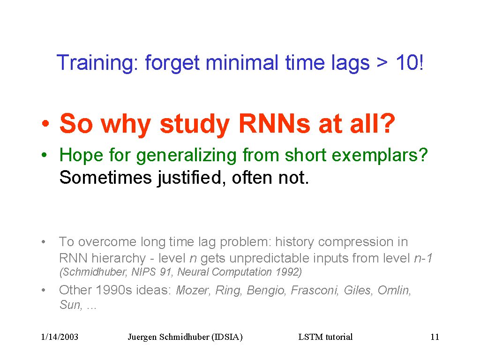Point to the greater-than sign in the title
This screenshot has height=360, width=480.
[382, 63]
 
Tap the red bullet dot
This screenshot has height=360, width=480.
[45, 124]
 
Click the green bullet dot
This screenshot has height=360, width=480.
[45, 155]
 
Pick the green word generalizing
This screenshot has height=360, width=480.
[187, 156]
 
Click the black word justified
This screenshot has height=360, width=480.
[189, 178]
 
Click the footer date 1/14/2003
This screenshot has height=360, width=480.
[60, 337]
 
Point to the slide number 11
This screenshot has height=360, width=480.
[435, 337]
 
